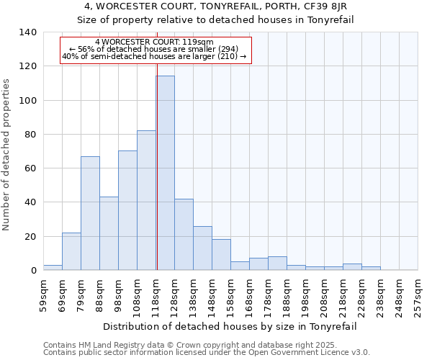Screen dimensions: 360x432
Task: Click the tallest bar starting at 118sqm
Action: pyautogui.click(x=165, y=173)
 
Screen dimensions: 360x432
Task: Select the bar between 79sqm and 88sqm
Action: pyautogui.click(x=90, y=213)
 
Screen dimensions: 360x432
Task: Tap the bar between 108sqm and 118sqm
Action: pyautogui.click(x=146, y=200)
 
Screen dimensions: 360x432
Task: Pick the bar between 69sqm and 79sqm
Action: pyautogui.click(x=71, y=251)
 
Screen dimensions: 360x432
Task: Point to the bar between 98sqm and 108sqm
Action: pyautogui.click(x=127, y=210)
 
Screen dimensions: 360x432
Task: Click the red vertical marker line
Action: pyautogui.click(x=156, y=180)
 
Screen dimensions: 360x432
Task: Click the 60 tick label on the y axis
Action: pyautogui.click(x=30, y=168)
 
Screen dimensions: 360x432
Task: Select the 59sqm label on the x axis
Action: pyautogui.click(x=43, y=295)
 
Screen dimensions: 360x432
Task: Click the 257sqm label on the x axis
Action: pyautogui.click(x=418, y=295)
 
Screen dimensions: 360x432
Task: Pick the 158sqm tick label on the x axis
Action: pyautogui.click(x=230, y=295)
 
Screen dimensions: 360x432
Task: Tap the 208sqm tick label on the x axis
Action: pyautogui.click(x=324, y=295)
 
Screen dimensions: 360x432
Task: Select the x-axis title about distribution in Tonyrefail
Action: pyautogui.click(x=230, y=326)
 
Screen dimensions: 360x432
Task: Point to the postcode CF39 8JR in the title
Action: pyautogui.click(x=326, y=6)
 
